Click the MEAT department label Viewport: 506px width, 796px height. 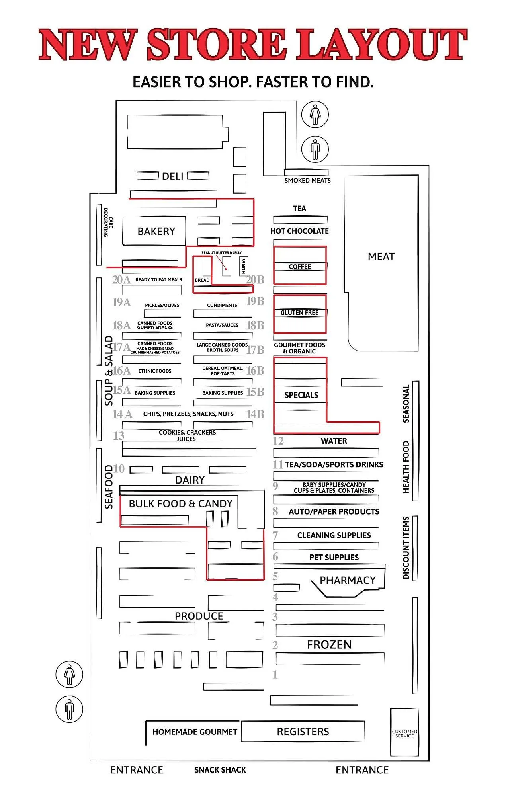click(381, 257)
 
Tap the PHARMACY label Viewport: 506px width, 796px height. click(348, 580)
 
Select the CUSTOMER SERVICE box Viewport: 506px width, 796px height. click(404, 734)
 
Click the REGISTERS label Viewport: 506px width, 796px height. click(303, 732)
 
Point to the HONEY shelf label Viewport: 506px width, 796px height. click(244, 265)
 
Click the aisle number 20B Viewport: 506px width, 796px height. click(255, 280)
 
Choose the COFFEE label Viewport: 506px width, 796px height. click(300, 267)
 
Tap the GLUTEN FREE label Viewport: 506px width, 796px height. click(299, 313)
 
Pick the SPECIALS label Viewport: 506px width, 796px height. click(301, 395)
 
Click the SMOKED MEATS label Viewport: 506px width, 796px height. click(307, 181)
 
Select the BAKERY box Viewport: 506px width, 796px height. click(156, 231)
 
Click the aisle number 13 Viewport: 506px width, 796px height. click(119, 436)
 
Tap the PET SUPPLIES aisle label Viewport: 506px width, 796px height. click(334, 557)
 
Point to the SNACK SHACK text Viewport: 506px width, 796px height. click(220, 770)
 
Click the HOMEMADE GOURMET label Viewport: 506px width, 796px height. click(195, 732)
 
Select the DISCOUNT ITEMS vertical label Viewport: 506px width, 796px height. click(406, 548)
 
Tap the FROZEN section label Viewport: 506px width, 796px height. click(329, 644)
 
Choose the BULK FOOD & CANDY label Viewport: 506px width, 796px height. click(180, 504)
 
